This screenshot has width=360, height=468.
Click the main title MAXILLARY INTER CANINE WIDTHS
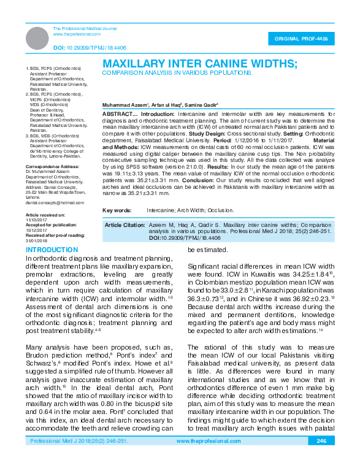pos(200,63)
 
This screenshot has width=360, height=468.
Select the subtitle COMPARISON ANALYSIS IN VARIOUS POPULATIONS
pos(178,72)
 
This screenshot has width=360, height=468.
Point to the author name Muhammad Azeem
pos(124,105)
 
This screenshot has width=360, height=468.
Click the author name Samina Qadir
pos(204,105)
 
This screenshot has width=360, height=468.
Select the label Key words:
pos(117,210)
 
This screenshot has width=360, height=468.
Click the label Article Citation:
pos(125,225)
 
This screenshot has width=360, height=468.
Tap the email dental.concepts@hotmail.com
pos(55,202)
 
